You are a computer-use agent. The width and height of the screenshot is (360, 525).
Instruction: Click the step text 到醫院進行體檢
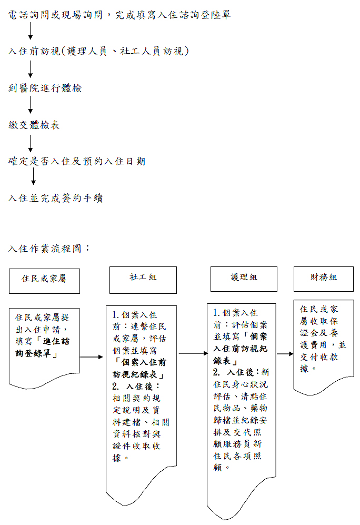[45, 88]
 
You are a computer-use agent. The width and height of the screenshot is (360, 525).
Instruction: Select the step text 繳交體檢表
[34, 125]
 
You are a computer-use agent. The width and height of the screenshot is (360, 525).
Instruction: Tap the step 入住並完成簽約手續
[55, 198]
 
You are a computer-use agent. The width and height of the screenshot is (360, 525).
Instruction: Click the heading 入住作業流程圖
[49, 248]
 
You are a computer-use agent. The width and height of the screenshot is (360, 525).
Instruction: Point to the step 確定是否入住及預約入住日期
[77, 161]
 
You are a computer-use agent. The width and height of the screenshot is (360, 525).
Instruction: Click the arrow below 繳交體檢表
[31, 143]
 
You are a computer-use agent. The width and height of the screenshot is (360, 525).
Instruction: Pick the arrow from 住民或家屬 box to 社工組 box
[92, 356]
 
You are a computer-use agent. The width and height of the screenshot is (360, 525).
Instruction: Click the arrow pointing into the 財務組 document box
[285, 354]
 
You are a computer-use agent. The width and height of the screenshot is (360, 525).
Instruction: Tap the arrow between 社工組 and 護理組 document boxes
[193, 354]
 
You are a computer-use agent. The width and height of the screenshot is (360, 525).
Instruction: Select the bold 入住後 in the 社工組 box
[142, 386]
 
